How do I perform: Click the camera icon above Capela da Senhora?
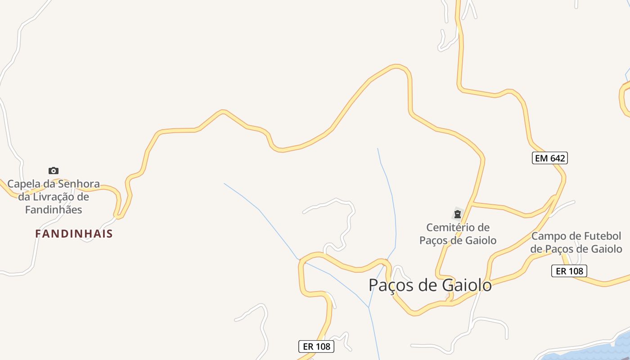tap(54, 171)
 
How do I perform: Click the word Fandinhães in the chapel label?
tap(54, 210)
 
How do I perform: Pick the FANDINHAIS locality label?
tap(74, 234)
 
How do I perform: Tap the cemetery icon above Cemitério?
tap(458, 214)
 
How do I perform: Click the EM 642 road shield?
tap(549, 158)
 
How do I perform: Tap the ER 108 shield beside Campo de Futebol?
tap(569, 271)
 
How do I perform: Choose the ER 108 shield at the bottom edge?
tap(316, 346)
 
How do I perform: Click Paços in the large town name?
tap(390, 285)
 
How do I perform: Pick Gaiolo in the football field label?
tap(607, 249)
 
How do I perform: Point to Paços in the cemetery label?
tap(434, 240)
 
